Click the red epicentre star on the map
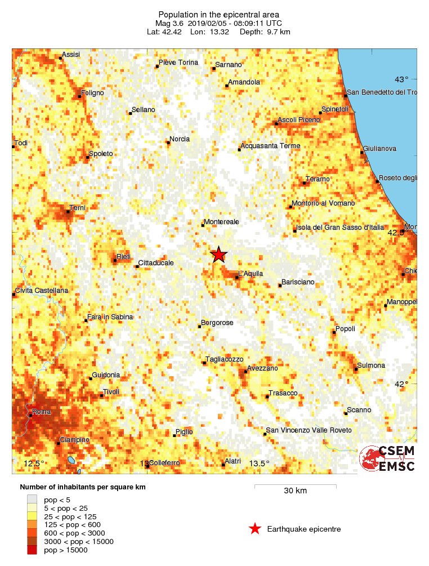(218, 255)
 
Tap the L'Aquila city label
(251, 274)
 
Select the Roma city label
(42, 412)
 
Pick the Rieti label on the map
(124, 257)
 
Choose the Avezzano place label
(263, 368)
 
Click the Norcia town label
(180, 139)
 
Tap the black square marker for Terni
(68, 212)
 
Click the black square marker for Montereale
(203, 226)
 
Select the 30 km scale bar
(295, 485)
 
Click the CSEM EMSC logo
(387, 458)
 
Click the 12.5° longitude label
(34, 464)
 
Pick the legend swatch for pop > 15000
(33, 550)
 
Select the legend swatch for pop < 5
(33, 499)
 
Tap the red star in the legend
(255, 529)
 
